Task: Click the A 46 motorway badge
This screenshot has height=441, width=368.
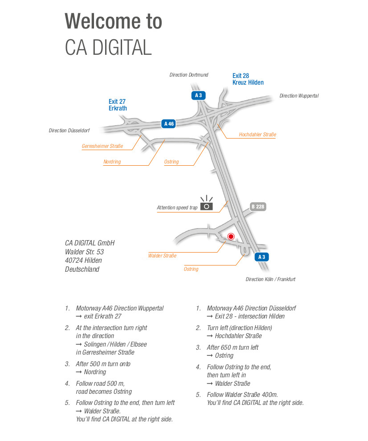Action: [x=169, y=124]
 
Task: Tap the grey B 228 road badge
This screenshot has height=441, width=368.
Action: [x=258, y=207]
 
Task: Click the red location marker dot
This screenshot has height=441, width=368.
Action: [x=231, y=237]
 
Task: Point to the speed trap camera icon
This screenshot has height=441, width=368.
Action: [x=207, y=203]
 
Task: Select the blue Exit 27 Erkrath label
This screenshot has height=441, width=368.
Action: [x=118, y=105]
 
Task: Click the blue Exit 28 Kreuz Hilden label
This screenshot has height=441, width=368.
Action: [x=248, y=79]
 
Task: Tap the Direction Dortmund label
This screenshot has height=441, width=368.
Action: [x=189, y=75]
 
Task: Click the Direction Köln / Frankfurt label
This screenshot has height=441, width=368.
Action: [x=270, y=279]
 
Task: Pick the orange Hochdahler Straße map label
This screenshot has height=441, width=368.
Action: [x=258, y=135]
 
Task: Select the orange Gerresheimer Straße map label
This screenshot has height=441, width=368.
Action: [x=102, y=146]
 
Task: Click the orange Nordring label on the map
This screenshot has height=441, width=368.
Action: [x=112, y=162]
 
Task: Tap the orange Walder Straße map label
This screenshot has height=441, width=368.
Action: [x=162, y=256]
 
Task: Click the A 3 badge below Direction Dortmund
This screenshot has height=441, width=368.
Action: [x=198, y=95]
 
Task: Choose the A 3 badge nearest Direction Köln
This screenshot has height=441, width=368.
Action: [x=262, y=257]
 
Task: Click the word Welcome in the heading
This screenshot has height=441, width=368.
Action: [x=102, y=21]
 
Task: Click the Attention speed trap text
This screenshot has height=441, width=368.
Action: [x=177, y=208]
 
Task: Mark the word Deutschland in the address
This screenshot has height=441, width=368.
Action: [x=82, y=269]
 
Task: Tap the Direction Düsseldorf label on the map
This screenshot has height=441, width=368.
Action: [x=69, y=131]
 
